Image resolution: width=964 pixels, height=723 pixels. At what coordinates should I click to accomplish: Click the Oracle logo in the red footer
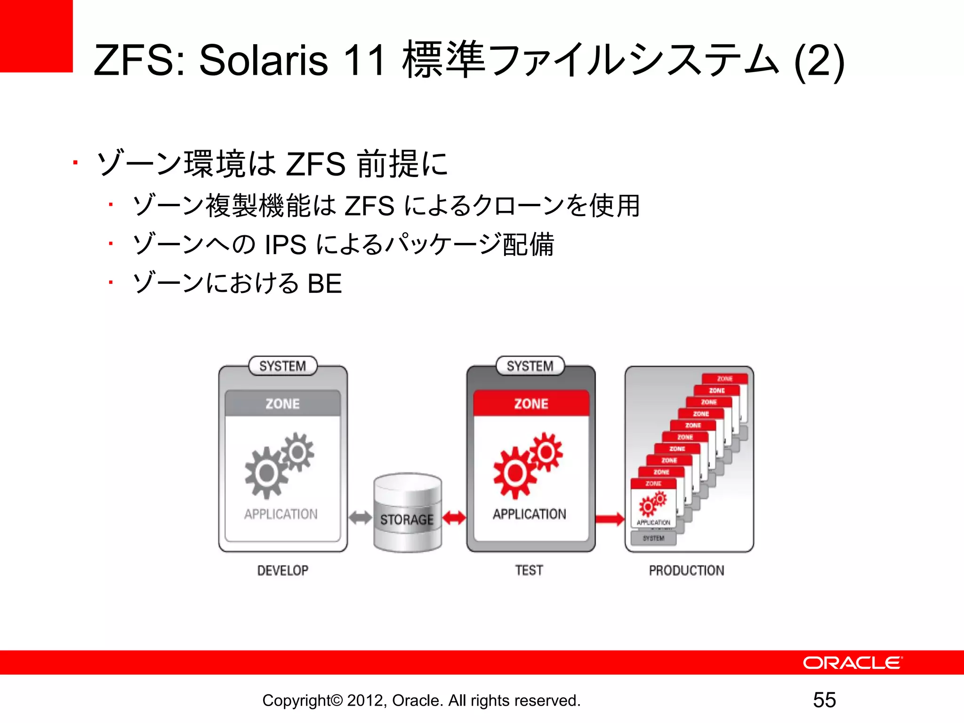pyautogui.click(x=852, y=663)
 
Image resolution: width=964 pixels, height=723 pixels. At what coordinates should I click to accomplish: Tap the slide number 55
pyautogui.click(x=824, y=700)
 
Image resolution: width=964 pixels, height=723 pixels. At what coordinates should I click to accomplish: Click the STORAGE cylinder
pyautogui.click(x=408, y=513)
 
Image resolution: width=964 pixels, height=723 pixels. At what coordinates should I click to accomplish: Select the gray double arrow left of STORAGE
pyautogui.click(x=361, y=518)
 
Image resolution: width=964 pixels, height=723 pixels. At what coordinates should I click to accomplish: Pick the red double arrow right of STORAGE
pyautogui.click(x=454, y=518)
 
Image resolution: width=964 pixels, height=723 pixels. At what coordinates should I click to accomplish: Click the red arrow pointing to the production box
pyautogui.click(x=610, y=519)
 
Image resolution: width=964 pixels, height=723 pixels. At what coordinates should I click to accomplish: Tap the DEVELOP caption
pyautogui.click(x=282, y=570)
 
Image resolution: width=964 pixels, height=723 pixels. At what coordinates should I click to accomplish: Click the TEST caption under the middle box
pyautogui.click(x=529, y=570)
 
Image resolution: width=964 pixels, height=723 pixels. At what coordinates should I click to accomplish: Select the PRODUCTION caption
pyautogui.click(x=686, y=570)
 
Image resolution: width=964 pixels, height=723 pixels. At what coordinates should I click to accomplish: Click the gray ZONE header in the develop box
pyautogui.click(x=282, y=403)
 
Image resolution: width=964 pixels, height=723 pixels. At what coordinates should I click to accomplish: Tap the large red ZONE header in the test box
pyautogui.click(x=531, y=403)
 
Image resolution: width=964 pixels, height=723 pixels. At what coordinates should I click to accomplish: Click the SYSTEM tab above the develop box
pyautogui.click(x=282, y=366)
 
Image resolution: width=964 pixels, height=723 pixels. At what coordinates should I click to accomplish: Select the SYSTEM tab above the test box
pyautogui.click(x=530, y=366)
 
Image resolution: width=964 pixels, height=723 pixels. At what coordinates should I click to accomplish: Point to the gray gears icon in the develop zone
pyautogui.click(x=279, y=465)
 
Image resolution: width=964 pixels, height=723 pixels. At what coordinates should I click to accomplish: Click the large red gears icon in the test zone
pyautogui.click(x=527, y=465)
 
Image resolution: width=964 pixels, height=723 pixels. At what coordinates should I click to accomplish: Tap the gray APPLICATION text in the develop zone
pyautogui.click(x=281, y=514)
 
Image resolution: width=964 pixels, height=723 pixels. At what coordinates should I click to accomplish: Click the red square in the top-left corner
pyautogui.click(x=36, y=36)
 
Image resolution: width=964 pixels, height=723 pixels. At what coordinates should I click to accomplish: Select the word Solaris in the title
pyautogui.click(x=263, y=60)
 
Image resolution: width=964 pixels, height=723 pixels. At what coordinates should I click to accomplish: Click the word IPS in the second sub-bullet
pyautogui.click(x=285, y=245)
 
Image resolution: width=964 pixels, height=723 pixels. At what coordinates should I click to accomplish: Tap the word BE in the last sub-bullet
pyautogui.click(x=324, y=284)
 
